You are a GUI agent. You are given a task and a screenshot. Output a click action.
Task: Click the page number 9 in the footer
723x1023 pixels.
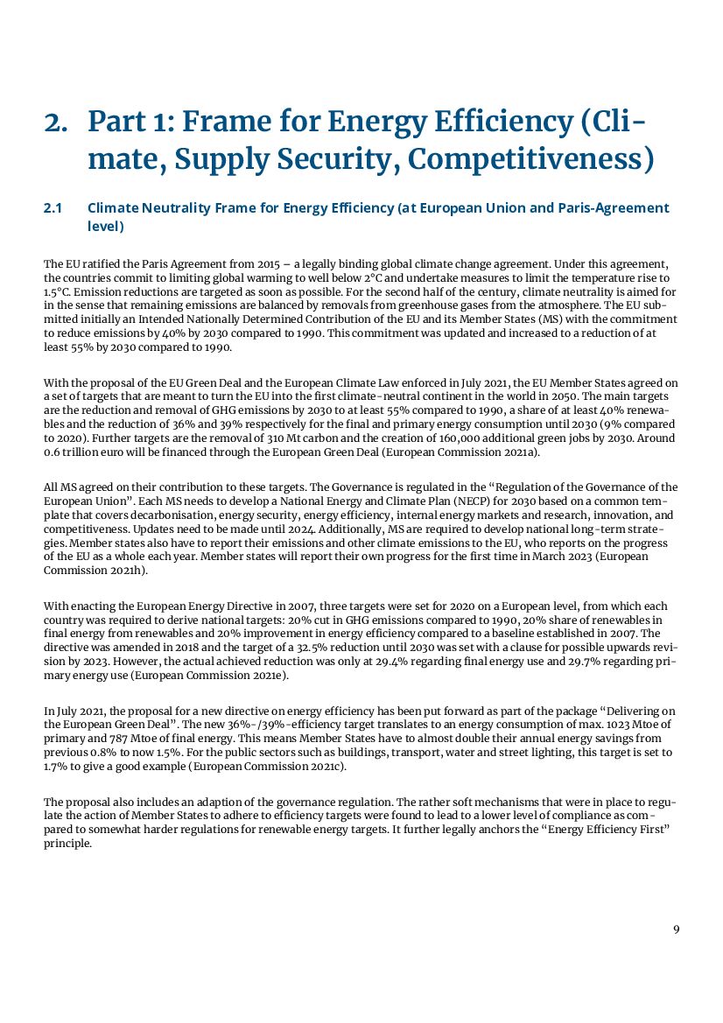pos(676,929)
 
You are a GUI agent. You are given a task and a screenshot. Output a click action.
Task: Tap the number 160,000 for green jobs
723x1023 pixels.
pos(488,437)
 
